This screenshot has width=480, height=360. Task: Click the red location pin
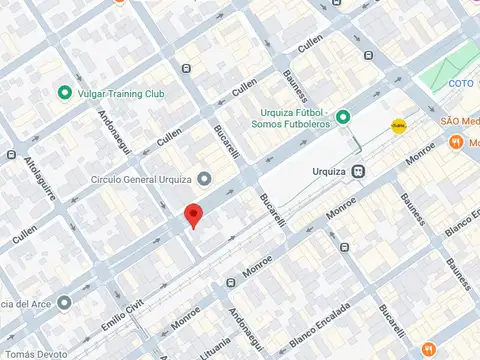[194, 215]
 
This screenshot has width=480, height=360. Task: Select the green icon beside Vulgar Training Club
[66, 93]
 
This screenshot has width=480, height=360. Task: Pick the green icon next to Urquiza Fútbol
[343, 117]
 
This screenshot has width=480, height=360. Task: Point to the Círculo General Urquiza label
[140, 180]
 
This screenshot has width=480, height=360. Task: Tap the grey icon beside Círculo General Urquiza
[204, 180]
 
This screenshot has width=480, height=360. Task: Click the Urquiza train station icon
[358, 171]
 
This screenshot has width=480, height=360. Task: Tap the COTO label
[461, 83]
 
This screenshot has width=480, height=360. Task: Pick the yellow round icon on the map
[399, 125]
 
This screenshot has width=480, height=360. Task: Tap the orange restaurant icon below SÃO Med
[456, 143]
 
